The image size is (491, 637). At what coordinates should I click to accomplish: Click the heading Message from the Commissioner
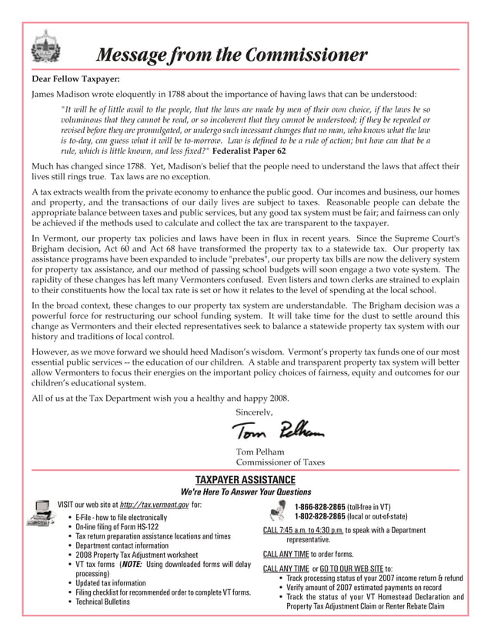click(x=230, y=55)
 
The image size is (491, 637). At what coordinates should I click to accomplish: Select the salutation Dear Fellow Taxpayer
click(x=75, y=78)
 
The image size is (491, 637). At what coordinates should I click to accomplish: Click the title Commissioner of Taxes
click(x=279, y=462)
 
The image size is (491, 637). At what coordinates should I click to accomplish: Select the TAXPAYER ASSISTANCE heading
click(x=245, y=479)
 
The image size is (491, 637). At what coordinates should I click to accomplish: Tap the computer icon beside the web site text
click(x=40, y=513)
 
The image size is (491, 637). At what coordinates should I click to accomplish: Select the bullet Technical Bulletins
click(x=102, y=602)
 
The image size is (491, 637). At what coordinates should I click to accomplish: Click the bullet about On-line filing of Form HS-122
click(x=117, y=527)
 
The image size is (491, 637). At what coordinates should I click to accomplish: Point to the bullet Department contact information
click(x=122, y=545)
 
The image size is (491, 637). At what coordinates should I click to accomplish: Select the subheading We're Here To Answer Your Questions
click(x=245, y=492)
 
